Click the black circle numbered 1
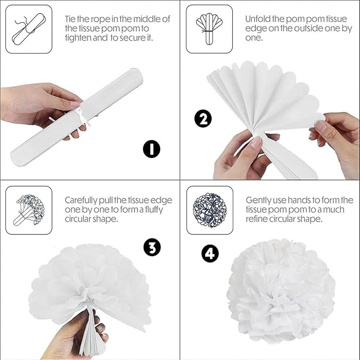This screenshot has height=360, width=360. click(152, 149)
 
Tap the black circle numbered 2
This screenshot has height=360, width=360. click(203, 119)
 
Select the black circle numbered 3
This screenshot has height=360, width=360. click(152, 248)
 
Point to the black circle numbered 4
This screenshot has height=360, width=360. click(210, 254)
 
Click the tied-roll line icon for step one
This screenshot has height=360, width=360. click(29, 29)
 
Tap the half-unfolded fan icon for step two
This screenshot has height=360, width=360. click(209, 29)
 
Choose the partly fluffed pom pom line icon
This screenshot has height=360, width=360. click(29, 210)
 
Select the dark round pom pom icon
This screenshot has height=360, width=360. click(209, 210)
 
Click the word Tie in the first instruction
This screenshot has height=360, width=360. click(70, 19)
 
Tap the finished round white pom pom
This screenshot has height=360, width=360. click(281, 291)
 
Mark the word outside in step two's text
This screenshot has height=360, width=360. click(308, 28)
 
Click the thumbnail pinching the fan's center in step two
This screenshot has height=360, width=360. click(256, 142)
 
